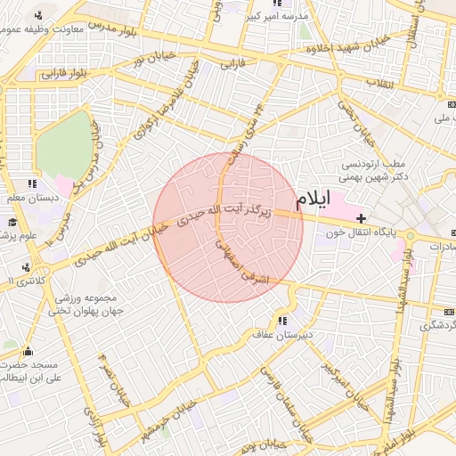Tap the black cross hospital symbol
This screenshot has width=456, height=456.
click(361, 218)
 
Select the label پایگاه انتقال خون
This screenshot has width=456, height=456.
click(361, 233)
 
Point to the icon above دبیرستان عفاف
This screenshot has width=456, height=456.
click(283, 322)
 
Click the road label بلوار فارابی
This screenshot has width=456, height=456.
click(64, 74)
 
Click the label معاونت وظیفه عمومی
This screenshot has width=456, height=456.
click(45, 29)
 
